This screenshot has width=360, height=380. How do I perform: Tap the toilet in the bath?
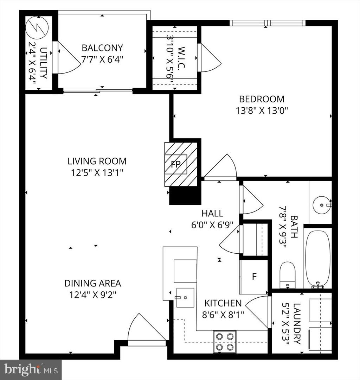click(x=288, y=274)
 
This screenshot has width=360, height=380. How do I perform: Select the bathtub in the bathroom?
click(x=317, y=259)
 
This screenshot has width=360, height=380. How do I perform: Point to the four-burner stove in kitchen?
click(x=225, y=342)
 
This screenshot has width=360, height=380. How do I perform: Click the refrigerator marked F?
click(x=254, y=277)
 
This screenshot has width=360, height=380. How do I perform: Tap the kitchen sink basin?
click(x=185, y=297)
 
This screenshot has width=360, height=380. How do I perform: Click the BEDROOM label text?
click(x=262, y=99)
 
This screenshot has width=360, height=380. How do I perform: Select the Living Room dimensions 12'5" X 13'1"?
click(x=97, y=172)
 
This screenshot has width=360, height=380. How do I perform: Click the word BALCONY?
click(x=102, y=48)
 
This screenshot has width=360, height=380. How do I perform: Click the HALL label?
click(x=212, y=213)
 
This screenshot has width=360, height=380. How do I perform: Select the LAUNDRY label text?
click(x=297, y=323)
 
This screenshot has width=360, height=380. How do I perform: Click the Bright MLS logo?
click(x=31, y=369)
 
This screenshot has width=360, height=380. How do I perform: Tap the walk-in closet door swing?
click(x=209, y=59)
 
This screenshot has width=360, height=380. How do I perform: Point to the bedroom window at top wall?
click(x=267, y=23)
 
